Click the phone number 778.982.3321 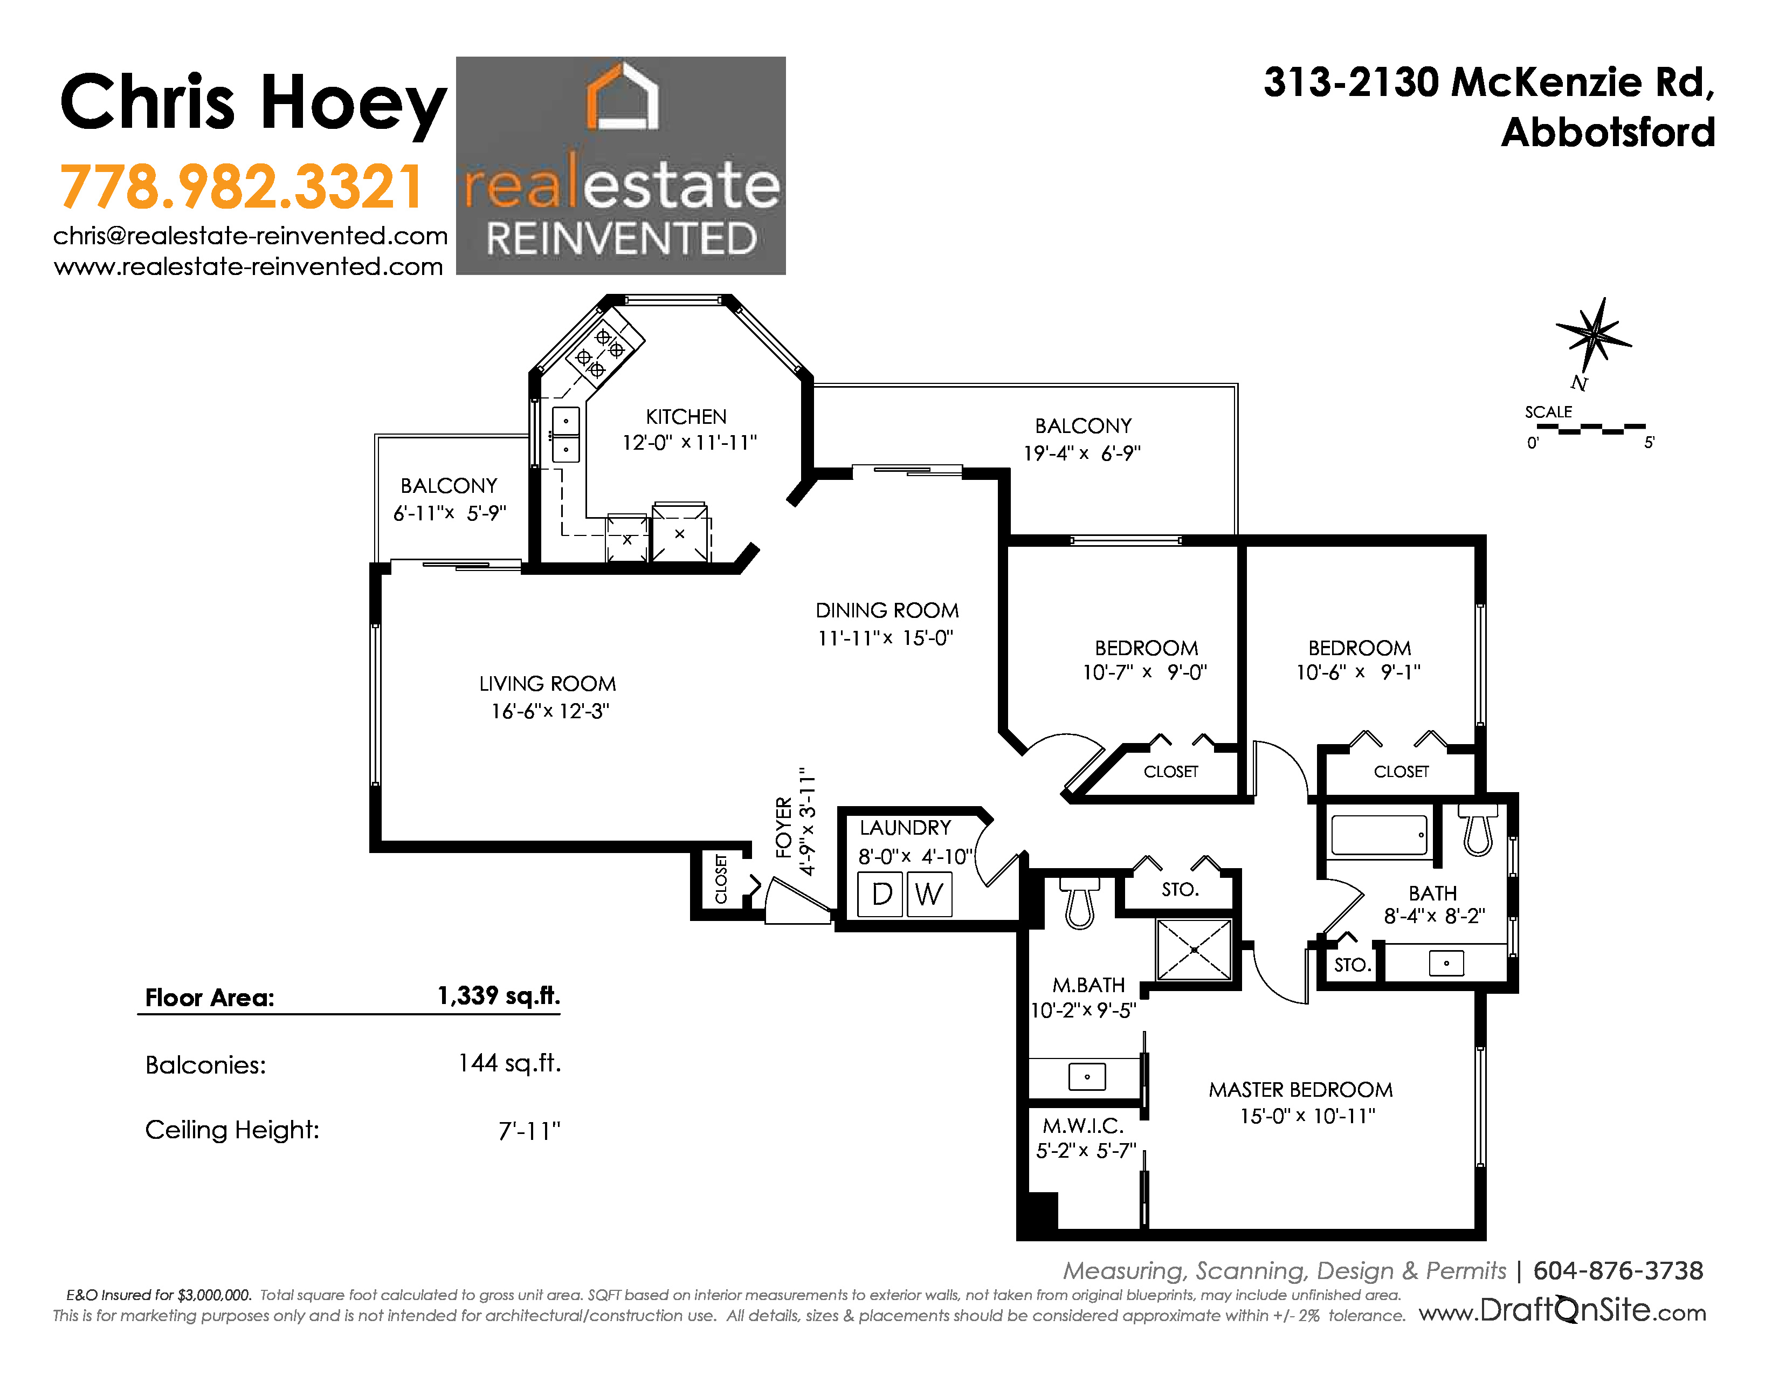click(x=241, y=187)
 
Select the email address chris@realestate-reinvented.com click(x=251, y=236)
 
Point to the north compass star click(x=1594, y=334)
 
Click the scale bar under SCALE click(x=1591, y=429)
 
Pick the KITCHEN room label click(x=686, y=417)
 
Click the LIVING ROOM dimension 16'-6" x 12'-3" click(x=550, y=711)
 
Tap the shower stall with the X click(x=1194, y=950)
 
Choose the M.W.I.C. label click(x=1084, y=1126)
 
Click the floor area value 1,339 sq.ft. click(x=499, y=995)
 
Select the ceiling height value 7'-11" click(x=529, y=1131)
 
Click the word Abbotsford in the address click(x=1609, y=132)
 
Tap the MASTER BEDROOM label click(x=1301, y=1090)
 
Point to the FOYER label click(x=784, y=827)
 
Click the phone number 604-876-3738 click(x=1618, y=1271)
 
